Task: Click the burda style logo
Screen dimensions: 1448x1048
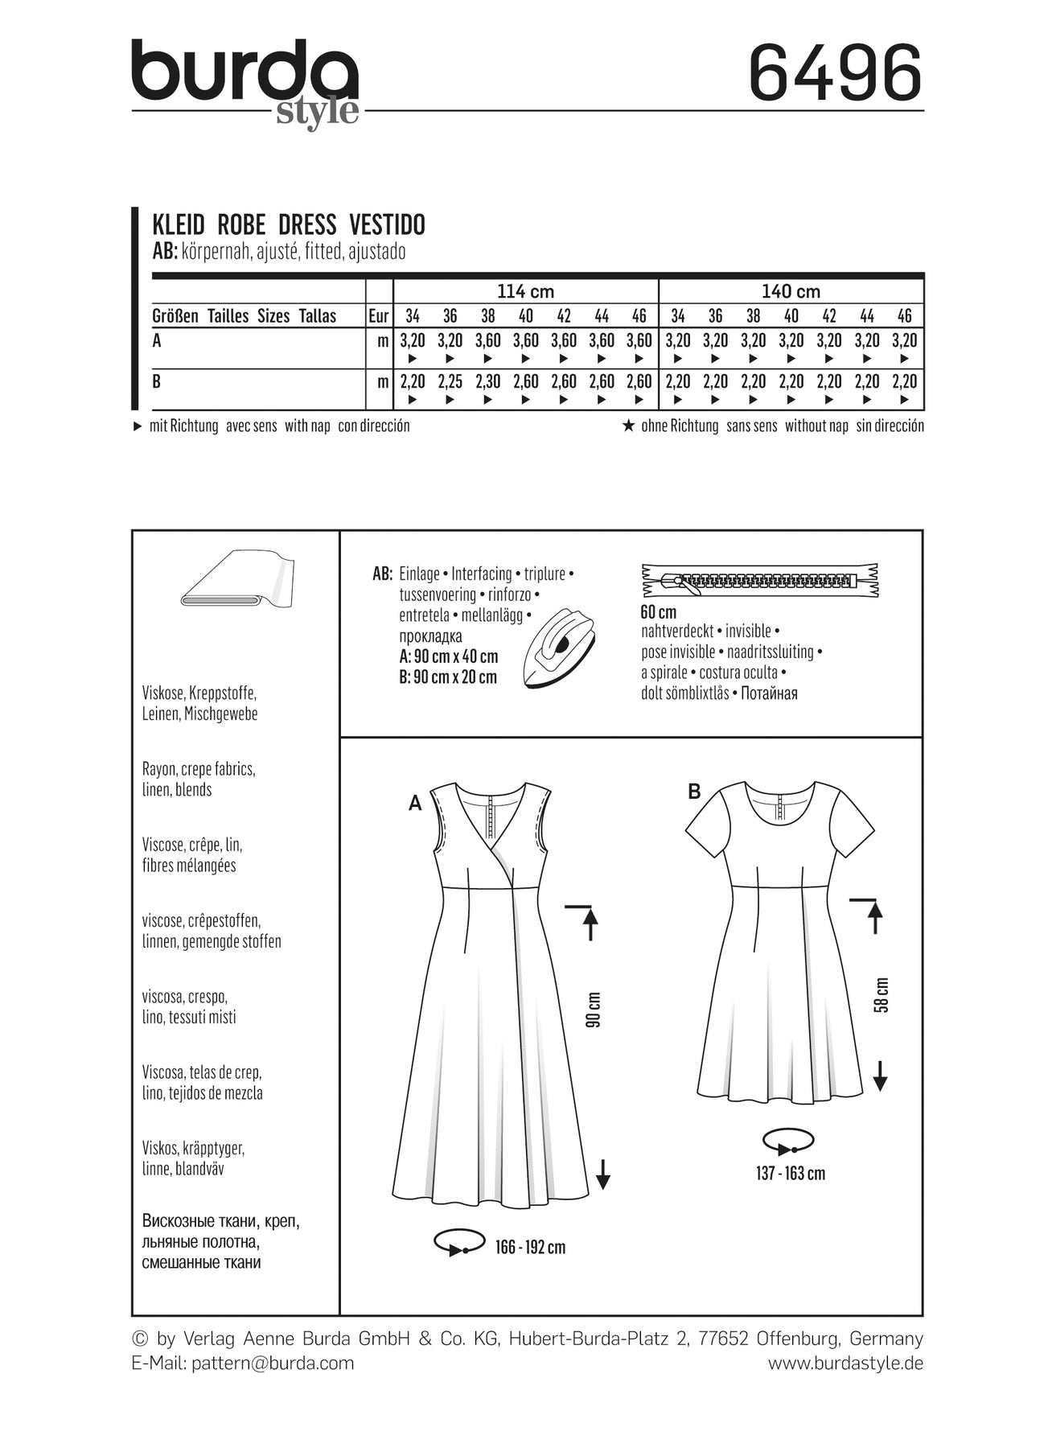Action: [x=245, y=80]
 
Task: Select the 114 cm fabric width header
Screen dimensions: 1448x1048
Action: [x=525, y=291]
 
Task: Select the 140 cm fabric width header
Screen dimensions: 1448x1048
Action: [x=790, y=291]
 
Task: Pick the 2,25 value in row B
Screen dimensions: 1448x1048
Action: [x=450, y=381]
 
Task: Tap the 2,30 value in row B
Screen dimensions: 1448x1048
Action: [x=487, y=381]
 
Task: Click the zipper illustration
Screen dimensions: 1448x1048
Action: [x=759, y=580]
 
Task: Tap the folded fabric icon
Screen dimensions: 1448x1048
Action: [x=238, y=579]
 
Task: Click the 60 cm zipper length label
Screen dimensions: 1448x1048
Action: [x=658, y=611]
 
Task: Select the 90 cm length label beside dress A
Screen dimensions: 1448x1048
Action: [x=594, y=1009]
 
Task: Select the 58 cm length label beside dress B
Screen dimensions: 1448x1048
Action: [x=882, y=995]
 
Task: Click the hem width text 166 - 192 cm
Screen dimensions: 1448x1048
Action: [x=530, y=1248]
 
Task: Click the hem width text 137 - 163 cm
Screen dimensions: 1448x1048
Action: [x=790, y=1174]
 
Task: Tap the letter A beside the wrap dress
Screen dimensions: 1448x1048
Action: [x=415, y=803]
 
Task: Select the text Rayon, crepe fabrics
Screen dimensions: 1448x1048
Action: [x=199, y=769]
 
